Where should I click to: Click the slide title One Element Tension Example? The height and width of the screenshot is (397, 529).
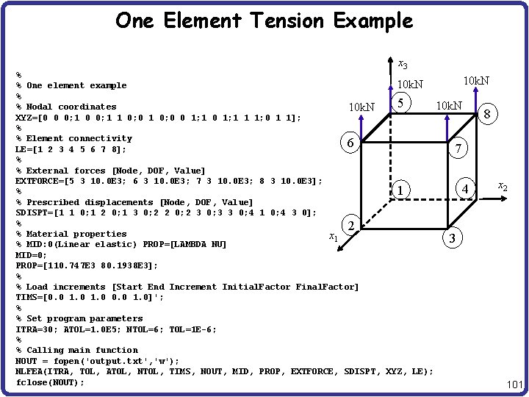point(264,21)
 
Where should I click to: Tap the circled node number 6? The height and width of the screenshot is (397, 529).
point(352,144)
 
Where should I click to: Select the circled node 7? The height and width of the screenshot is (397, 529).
point(458,149)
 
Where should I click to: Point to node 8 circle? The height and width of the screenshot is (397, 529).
point(487,113)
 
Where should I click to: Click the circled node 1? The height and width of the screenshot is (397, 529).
point(399,190)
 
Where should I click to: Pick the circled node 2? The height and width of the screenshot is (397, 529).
point(352,225)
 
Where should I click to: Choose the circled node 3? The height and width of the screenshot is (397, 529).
point(453,238)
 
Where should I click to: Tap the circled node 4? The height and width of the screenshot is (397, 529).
point(464,189)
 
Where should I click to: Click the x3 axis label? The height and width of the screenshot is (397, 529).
point(403,65)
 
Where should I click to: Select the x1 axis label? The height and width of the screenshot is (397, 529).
point(333,237)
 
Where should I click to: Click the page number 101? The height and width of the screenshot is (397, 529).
point(514,385)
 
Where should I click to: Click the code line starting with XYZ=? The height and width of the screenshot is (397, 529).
point(157,118)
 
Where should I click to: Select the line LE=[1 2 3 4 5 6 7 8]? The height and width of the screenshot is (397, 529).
point(71,149)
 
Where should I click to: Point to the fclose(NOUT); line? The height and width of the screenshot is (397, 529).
point(50,382)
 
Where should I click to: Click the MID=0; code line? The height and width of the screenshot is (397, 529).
point(29,255)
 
